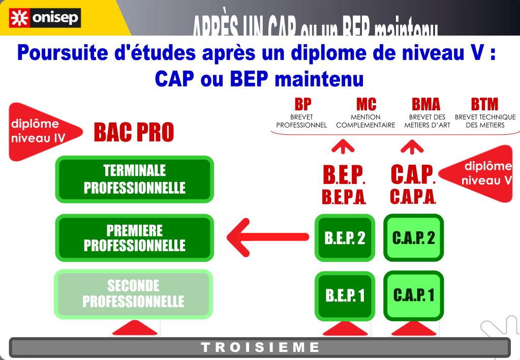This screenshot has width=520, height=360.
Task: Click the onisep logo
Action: click(45, 18)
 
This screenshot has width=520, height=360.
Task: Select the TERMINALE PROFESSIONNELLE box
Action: click(134, 179)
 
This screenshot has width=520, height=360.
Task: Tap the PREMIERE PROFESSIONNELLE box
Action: click(134, 238)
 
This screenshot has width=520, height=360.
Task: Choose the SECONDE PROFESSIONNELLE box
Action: click(133, 294)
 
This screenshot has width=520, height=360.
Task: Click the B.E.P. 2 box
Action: click(345, 238)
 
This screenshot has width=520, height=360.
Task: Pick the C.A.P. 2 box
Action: click(413, 238)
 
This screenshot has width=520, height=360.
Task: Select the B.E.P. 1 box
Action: click(345, 295)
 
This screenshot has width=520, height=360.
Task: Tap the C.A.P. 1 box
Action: click(413, 295)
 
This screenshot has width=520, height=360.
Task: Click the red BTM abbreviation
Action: click(484, 104)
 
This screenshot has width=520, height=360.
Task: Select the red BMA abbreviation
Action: click(426, 104)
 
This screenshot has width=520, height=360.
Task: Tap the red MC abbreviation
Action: click(366, 104)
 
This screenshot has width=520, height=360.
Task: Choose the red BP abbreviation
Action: click(303, 104)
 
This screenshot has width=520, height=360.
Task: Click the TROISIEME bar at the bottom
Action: click(260, 348)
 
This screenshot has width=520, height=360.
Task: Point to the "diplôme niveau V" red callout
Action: click(480, 173)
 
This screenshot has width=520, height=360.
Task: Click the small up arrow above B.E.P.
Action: click(343, 147)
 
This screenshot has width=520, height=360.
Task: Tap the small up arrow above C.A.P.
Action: click(412, 147)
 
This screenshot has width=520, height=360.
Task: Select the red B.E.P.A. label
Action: click(344, 197)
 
